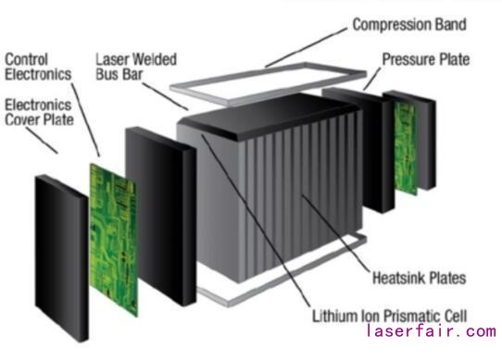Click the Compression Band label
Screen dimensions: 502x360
coord(409,25)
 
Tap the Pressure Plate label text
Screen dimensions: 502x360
coord(426,59)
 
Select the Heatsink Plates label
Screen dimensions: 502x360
coord(419,278)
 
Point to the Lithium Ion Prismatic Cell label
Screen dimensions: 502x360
coord(389,316)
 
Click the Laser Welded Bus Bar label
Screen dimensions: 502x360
coord(136,67)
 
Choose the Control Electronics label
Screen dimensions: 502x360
coord(38,67)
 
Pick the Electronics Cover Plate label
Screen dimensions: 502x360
coord(39,112)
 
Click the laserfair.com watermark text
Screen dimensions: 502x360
coord(432,331)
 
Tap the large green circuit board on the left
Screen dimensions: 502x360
coord(114,240)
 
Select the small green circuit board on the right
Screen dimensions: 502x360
coord(406,148)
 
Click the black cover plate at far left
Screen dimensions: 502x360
coord(61,258)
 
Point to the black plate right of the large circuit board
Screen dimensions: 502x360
coord(161,217)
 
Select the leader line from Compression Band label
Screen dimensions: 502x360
coord(306,47)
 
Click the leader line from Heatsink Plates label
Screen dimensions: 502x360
coord(335,233)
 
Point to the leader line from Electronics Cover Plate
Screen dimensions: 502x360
coord(42,141)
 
